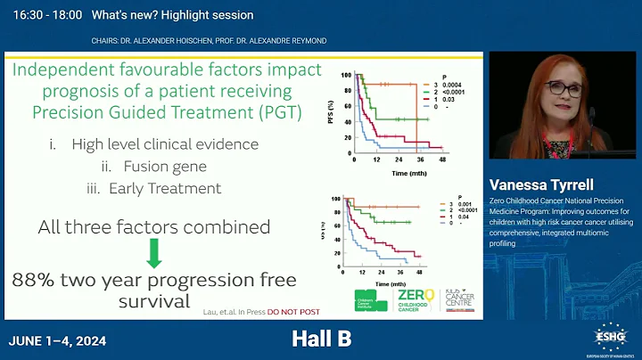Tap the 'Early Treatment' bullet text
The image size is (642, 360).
[164, 188]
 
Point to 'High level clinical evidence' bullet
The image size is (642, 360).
[166, 144]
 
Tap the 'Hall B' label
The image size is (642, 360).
[321, 339]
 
